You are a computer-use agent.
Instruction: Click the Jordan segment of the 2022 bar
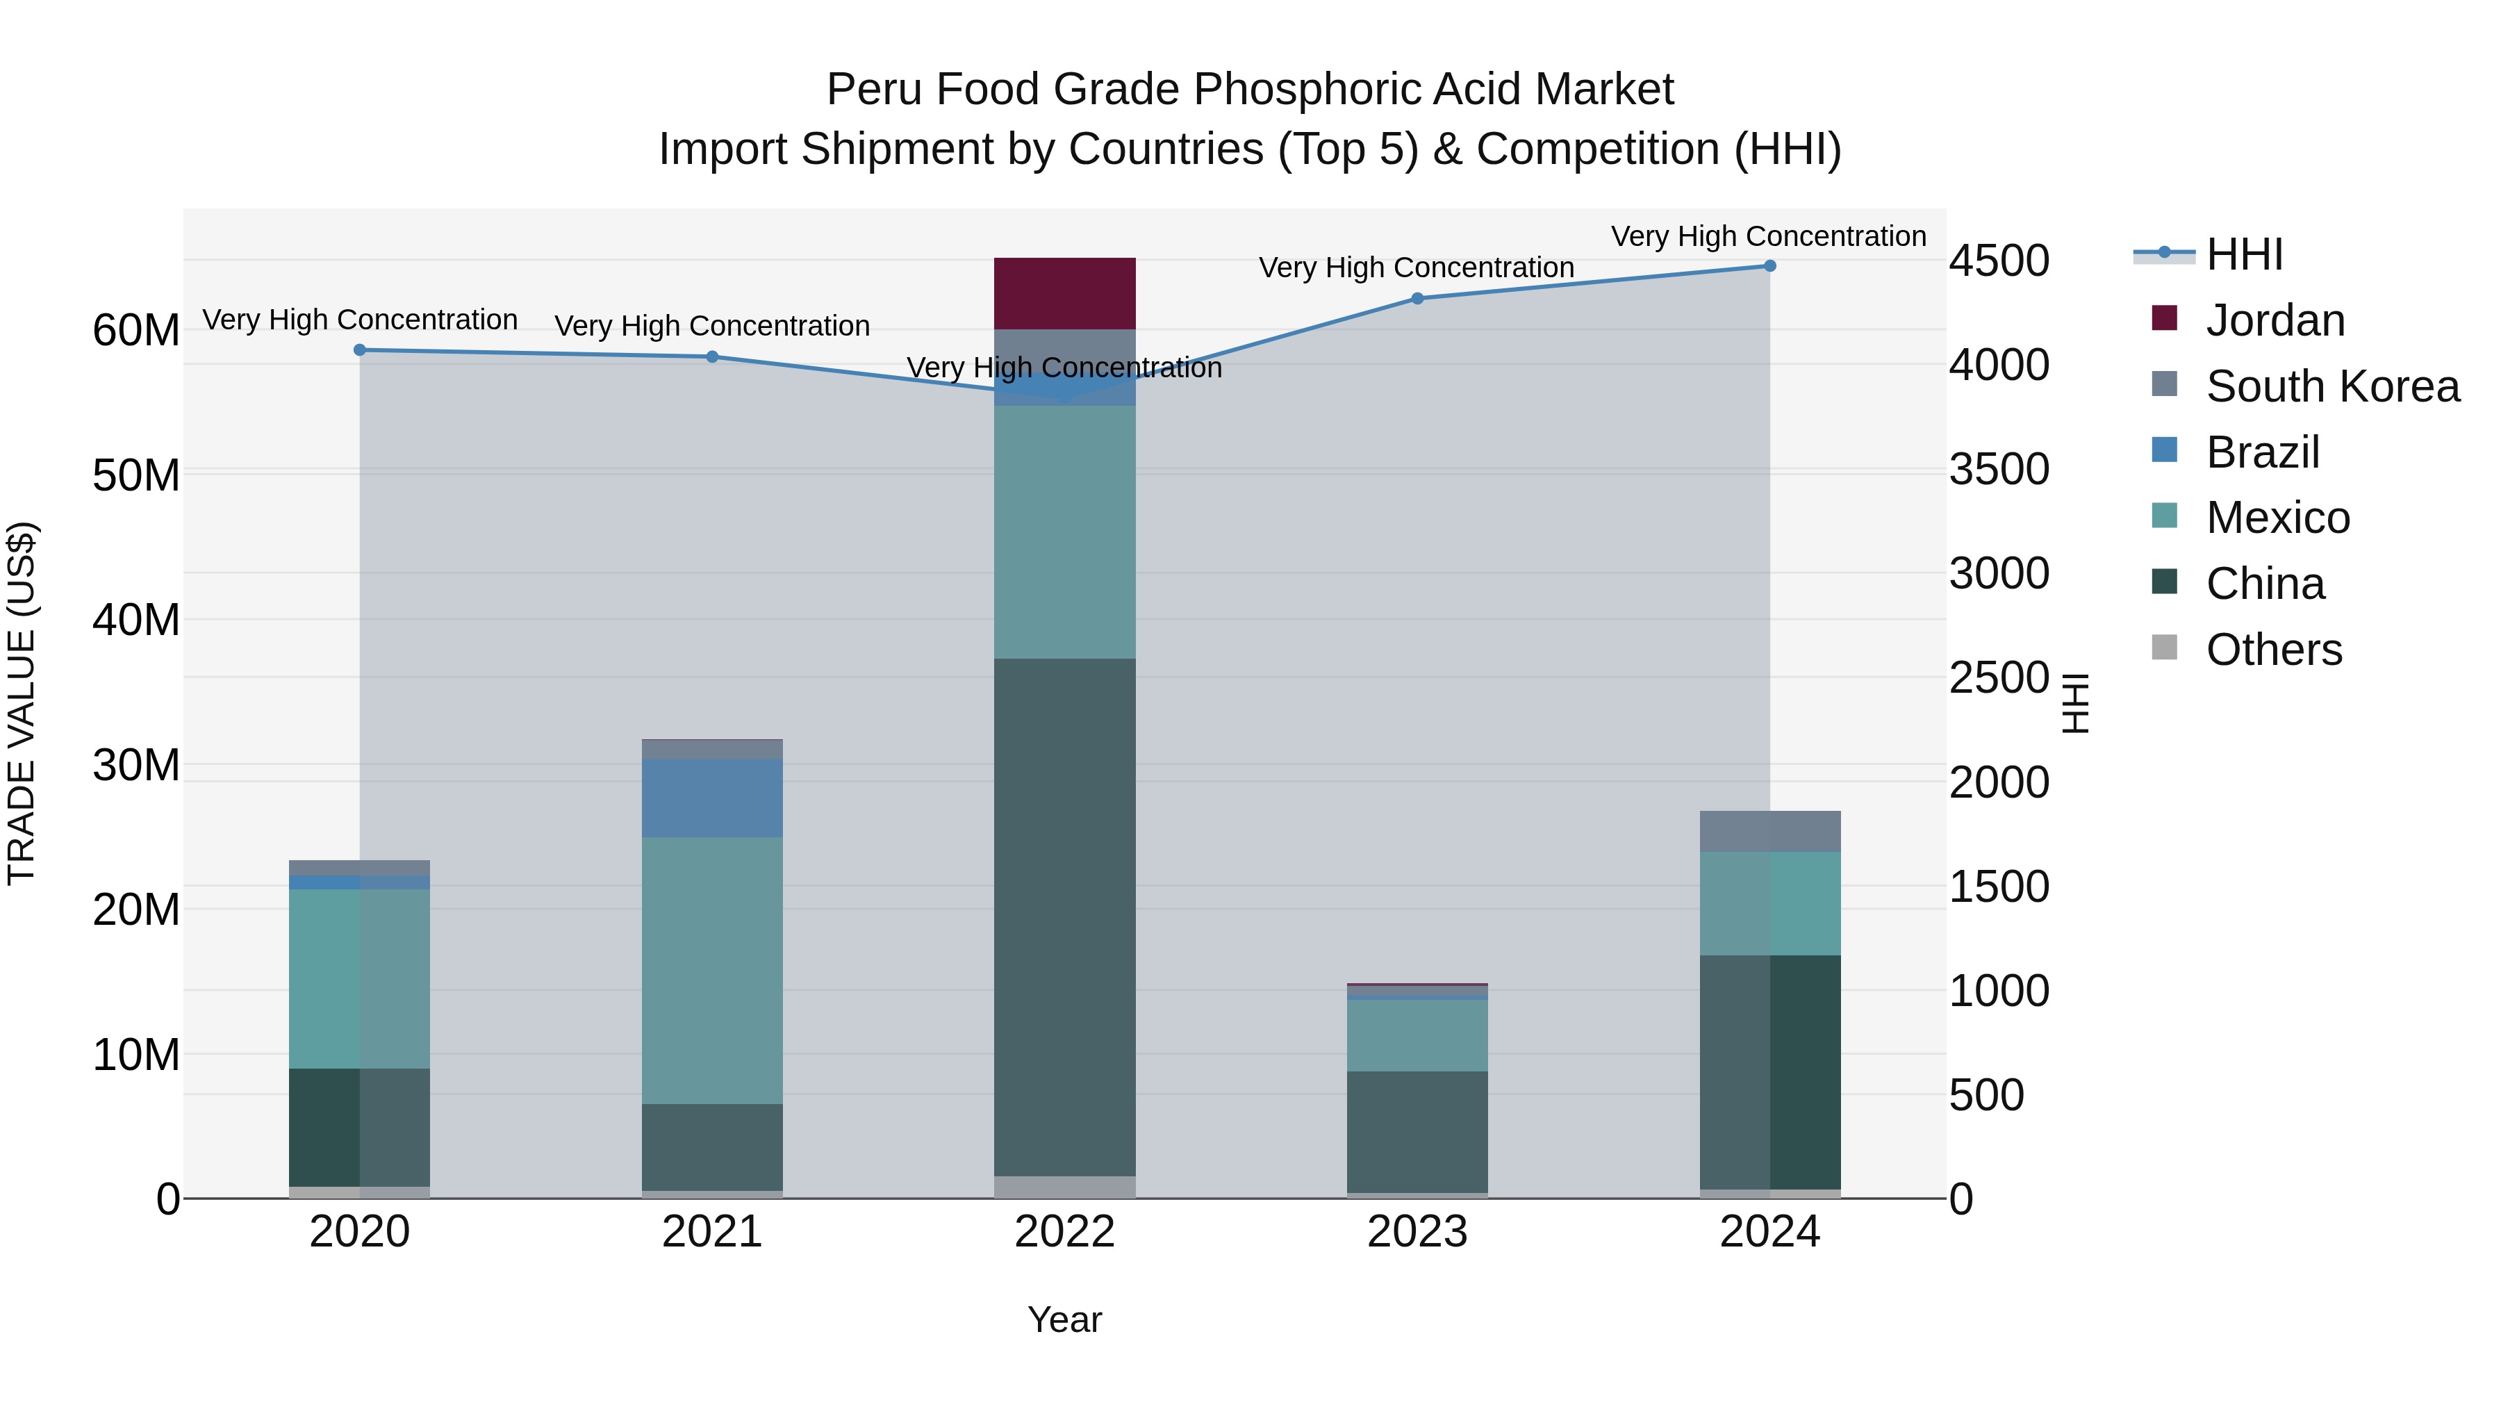tap(1064, 293)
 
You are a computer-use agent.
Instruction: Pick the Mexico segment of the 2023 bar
tap(1417, 1035)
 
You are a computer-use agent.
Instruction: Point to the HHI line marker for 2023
tap(1417, 298)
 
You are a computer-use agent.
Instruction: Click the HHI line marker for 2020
tap(359, 349)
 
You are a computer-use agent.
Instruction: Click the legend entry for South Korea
tap(2332, 386)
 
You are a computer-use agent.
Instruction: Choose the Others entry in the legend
tap(2273, 649)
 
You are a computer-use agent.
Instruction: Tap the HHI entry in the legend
tap(2244, 254)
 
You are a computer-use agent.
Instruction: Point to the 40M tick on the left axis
tap(136, 620)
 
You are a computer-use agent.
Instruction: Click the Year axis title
tap(1064, 1319)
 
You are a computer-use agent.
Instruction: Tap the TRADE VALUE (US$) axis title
tap(22, 703)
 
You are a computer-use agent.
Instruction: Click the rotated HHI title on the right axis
tap(2074, 703)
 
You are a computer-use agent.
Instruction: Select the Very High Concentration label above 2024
tap(1768, 236)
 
